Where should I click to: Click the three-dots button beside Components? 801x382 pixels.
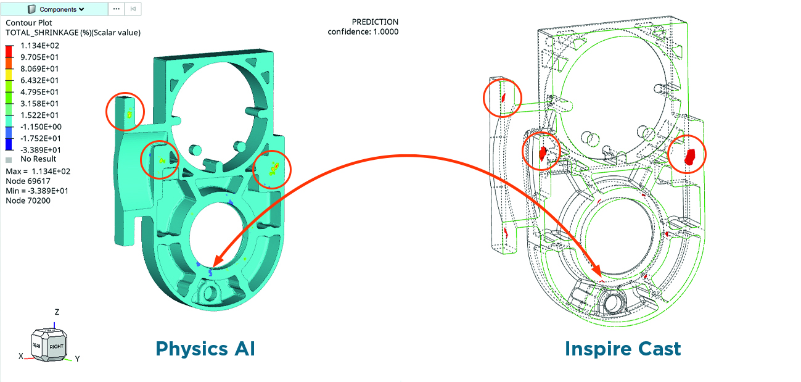[116, 9]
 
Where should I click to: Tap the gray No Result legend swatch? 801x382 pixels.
[8, 159]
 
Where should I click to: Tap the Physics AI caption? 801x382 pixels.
[205, 349]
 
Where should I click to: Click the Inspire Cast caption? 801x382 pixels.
[623, 349]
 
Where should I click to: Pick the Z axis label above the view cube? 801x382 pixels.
[57, 312]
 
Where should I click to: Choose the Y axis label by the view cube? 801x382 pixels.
[78, 358]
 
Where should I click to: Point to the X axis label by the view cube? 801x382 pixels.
[20, 357]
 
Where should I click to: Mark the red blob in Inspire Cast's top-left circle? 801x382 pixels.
[503, 97]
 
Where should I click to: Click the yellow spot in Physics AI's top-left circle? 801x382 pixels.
[129, 114]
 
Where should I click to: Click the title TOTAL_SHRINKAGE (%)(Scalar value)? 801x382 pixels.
[73, 33]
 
